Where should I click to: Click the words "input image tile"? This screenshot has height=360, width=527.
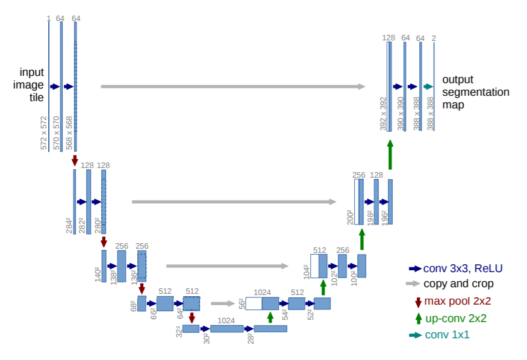[28, 85]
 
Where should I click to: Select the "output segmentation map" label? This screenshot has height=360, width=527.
[476, 92]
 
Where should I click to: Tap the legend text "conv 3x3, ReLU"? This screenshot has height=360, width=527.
[463, 268]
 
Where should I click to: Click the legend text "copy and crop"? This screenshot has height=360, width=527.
[458, 284]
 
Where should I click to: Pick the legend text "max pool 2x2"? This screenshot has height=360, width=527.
[457, 301]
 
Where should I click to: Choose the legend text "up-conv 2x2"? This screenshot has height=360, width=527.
[456, 318]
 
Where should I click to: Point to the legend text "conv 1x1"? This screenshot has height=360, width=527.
[447, 335]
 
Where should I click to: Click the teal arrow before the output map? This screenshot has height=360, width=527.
[428, 87]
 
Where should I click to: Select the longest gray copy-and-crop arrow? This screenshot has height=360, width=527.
[233, 87]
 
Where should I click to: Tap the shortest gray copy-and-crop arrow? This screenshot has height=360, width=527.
[223, 303]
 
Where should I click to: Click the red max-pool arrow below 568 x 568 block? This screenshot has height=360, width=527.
[75, 160]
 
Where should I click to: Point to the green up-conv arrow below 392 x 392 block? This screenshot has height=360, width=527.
[390, 155]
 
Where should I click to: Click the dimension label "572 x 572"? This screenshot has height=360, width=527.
[44, 133]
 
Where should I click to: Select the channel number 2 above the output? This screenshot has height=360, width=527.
[434, 39]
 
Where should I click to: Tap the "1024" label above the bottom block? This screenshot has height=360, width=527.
[226, 321]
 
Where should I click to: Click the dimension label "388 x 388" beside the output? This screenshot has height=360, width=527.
[430, 114]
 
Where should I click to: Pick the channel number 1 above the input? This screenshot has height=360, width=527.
[49, 19]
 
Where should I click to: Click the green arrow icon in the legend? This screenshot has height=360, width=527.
[419, 318]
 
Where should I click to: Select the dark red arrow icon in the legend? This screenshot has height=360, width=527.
[418, 302]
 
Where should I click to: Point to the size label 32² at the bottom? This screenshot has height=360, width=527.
[179, 331]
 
